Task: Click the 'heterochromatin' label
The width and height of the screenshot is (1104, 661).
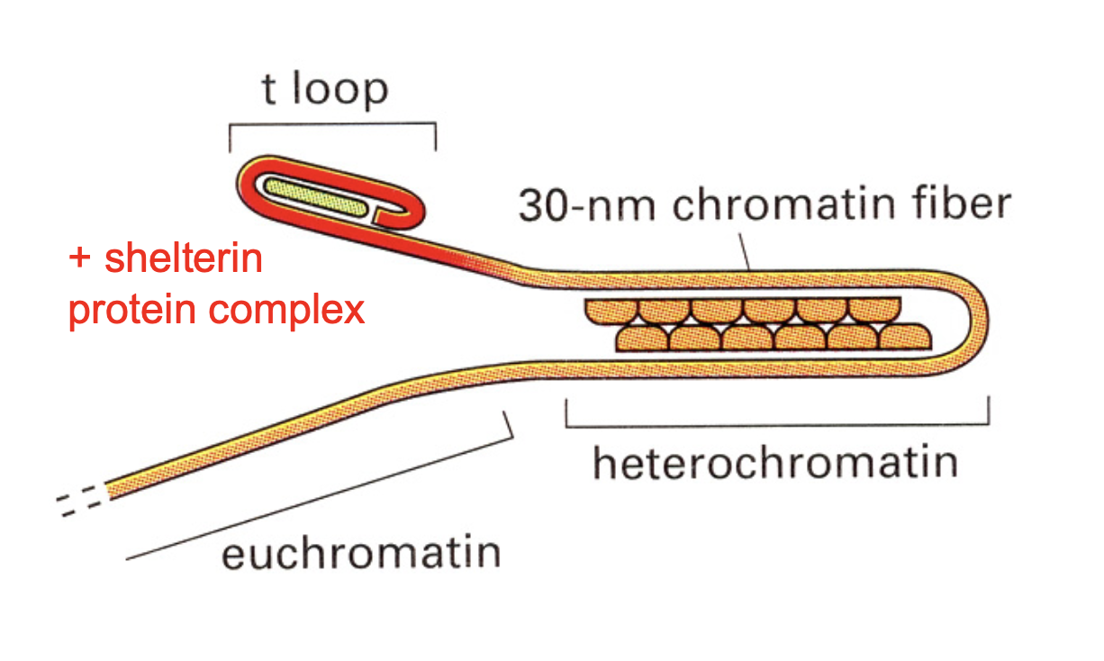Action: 774,463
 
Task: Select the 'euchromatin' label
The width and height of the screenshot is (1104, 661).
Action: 361,551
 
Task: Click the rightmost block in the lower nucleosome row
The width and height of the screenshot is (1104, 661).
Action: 906,338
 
